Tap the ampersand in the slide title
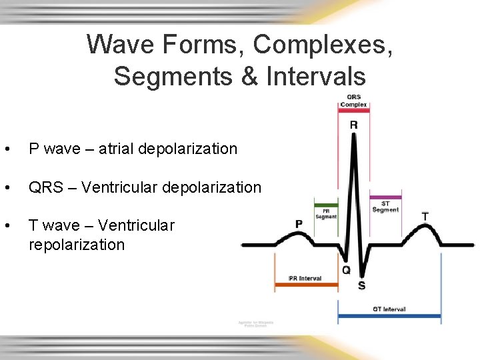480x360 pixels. (251, 76)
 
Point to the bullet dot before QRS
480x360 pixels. (6, 188)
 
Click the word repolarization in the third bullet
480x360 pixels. (77, 245)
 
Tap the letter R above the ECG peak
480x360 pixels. (353, 125)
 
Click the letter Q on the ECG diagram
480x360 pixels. (346, 270)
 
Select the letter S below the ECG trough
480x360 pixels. (361, 285)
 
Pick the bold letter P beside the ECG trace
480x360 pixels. (299, 224)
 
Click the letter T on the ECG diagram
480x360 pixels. (425, 217)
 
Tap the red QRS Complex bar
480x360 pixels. (353, 111)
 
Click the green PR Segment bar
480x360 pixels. (326, 205)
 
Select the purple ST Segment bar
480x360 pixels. (385, 197)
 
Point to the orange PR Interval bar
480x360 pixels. (306, 285)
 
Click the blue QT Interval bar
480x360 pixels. (389, 315)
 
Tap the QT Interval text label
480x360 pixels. (389, 309)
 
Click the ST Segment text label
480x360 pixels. (385, 206)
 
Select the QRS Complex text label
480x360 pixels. (353, 101)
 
